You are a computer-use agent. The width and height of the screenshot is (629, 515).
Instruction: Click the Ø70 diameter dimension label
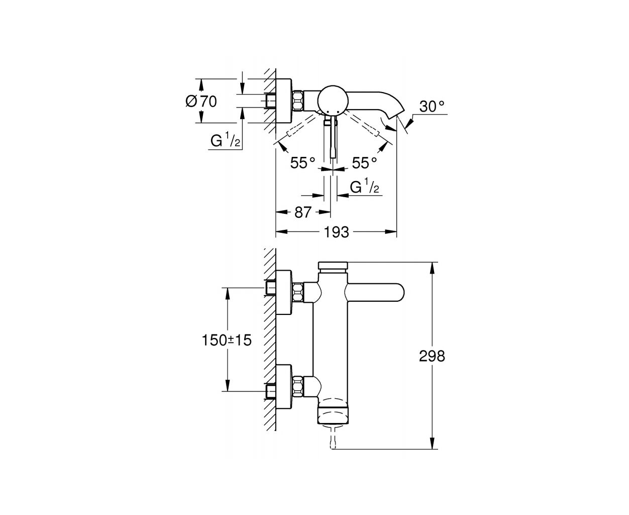tap(201, 102)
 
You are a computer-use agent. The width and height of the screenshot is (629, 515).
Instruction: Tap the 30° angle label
tap(432, 106)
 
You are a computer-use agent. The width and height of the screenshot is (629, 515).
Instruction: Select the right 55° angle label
tap(364, 163)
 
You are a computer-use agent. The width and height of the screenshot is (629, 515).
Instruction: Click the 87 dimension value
tap(303, 213)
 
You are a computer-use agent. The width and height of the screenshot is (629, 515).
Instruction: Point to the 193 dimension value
tap(337, 232)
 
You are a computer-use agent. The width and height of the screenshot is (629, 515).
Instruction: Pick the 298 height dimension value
tap(432, 356)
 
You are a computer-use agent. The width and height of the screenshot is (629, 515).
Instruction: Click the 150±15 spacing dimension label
tap(227, 340)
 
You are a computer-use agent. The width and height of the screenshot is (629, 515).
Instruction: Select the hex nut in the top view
tap(297, 101)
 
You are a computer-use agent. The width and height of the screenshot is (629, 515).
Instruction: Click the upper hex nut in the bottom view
tap(297, 293)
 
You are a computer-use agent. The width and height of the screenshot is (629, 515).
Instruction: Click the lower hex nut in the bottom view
tap(297, 387)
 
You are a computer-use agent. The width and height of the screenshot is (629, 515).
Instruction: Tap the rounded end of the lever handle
tap(397, 293)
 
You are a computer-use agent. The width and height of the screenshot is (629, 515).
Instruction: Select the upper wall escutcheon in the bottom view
tap(284, 293)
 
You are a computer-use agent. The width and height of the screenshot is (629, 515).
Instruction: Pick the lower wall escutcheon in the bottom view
tap(284, 387)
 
